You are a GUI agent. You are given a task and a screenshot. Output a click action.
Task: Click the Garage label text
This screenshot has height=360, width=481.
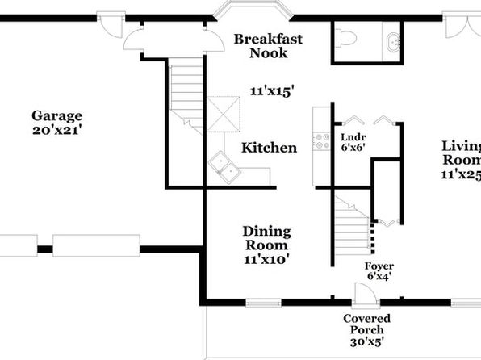(x=57, y=116)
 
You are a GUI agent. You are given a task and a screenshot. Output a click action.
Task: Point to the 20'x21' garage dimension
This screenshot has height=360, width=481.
(x=57, y=131)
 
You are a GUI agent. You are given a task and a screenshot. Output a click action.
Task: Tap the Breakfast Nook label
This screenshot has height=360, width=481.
(x=268, y=46)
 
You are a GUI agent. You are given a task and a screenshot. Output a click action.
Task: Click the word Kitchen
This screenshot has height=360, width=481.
(x=269, y=148)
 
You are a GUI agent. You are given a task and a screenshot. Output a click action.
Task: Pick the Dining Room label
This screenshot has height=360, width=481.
(x=267, y=238)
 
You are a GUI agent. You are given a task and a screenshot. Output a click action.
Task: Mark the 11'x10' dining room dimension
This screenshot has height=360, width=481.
(x=267, y=260)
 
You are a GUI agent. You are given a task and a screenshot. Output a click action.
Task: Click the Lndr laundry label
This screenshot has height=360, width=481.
(x=353, y=137)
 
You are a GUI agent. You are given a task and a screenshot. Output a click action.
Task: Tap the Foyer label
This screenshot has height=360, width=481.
(x=379, y=266)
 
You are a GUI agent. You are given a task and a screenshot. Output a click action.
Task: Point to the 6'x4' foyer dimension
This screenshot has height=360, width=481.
(x=379, y=277)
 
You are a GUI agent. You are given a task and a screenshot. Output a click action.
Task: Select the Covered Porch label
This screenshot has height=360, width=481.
(x=367, y=324)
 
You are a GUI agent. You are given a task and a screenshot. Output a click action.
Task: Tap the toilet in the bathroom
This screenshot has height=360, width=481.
(x=346, y=38)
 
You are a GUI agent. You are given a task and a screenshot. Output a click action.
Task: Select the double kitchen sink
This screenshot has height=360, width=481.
(x=223, y=167)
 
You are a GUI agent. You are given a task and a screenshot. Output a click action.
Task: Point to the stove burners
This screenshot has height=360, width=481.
(x=321, y=141)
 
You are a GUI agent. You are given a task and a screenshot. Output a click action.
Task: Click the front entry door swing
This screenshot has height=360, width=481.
(x=365, y=294)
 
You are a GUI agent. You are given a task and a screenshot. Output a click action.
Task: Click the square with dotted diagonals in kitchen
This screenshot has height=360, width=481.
(x=224, y=114)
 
